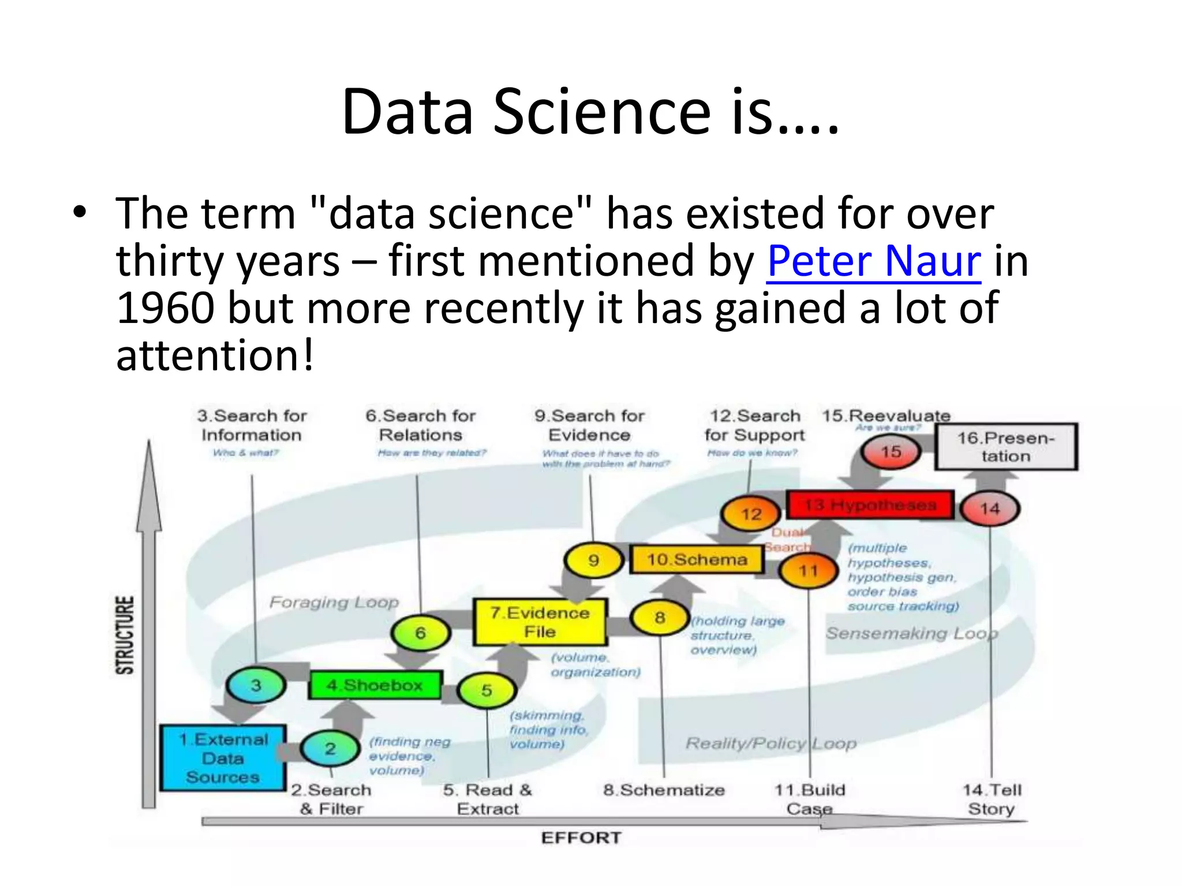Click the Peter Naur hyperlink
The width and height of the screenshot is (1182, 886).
coord(873,261)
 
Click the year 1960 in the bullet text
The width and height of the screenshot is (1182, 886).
coord(166,308)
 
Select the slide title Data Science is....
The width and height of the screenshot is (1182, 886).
coord(590,112)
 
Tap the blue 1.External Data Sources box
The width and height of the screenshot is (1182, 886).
coord(223,758)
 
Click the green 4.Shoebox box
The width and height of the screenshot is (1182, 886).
coord(375,685)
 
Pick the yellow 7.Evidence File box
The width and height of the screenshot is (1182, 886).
coord(540,622)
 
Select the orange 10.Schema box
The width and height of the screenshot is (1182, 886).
coord(697,560)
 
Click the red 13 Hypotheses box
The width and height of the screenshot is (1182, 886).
coord(870,505)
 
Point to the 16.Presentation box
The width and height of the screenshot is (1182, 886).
coord(1005,447)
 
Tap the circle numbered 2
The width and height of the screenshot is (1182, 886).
coord(330,749)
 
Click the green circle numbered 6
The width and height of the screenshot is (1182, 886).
coord(420,633)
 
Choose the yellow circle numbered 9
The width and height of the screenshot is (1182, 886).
coord(593,560)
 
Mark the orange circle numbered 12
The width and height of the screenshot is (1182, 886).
coord(751,513)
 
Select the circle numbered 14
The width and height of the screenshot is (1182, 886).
coord(990,509)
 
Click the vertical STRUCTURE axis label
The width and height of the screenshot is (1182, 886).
coord(125,635)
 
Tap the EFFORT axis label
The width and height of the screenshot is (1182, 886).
coord(581,838)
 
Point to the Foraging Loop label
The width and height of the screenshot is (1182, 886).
coord(334,603)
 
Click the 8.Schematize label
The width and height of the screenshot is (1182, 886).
coord(664,790)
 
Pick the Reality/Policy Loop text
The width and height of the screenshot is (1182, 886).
coord(770,744)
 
